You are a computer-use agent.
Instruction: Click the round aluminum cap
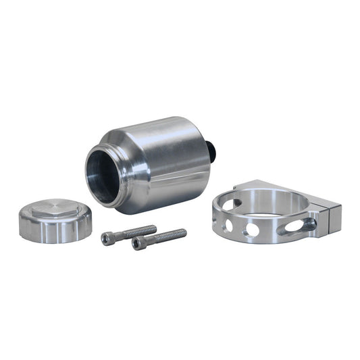pos(55,220)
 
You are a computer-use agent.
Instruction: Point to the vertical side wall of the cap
pos(54,230)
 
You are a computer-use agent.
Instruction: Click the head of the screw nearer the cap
pos(109,238)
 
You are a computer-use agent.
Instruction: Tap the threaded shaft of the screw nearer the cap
pos(138,231)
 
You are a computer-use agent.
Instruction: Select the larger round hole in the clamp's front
pos(251,230)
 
